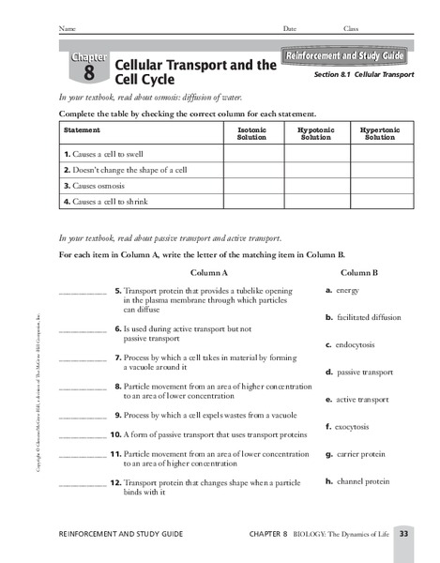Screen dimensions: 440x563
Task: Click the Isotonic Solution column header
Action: coord(252,133)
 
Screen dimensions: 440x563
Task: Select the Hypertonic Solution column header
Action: coord(379,133)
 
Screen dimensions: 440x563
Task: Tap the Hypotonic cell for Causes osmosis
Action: coord(315,185)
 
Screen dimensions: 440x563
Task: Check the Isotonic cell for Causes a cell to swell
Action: coord(252,153)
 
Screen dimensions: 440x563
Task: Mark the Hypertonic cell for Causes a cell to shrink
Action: coord(379,201)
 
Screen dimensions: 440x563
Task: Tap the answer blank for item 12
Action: coord(82,486)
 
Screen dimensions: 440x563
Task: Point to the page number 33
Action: coord(404,533)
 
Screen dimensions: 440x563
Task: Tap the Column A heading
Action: coord(209,271)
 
